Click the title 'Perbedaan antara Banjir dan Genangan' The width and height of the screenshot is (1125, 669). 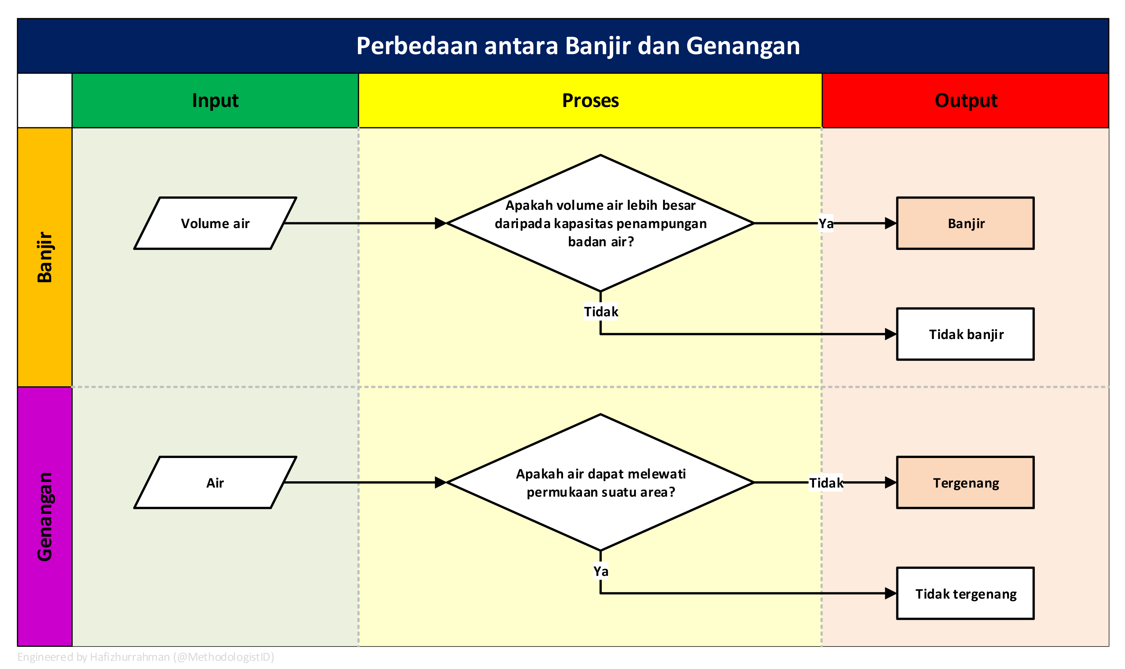tap(578, 45)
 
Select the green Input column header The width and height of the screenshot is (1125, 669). tap(215, 100)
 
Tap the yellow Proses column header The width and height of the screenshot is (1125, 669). tap(590, 100)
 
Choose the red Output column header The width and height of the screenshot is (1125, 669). tap(965, 100)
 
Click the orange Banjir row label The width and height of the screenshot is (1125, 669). tap(45, 257)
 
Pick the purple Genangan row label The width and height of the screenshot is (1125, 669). tap(45, 516)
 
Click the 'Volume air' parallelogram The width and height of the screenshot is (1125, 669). tap(215, 223)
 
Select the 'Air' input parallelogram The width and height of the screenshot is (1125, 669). tap(215, 483)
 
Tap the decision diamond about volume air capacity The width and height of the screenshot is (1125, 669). tap(601, 223)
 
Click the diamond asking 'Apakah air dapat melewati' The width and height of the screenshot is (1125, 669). tap(601, 483)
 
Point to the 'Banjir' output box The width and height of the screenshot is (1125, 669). tap(965, 223)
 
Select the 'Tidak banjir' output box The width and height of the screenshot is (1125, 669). tap(965, 334)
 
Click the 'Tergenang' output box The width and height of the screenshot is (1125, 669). tap(965, 483)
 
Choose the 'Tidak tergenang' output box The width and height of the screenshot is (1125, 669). tap(965, 594)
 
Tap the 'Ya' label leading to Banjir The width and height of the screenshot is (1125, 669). tap(826, 223)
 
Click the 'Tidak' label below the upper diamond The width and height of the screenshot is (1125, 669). tap(601, 311)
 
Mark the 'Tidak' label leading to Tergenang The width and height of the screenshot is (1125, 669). tap(826, 483)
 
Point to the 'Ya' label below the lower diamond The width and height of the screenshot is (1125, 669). tap(601, 571)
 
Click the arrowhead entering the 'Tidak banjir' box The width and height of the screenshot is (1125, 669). tap(890, 334)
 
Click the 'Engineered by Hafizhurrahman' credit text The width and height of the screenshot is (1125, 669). tap(145, 657)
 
